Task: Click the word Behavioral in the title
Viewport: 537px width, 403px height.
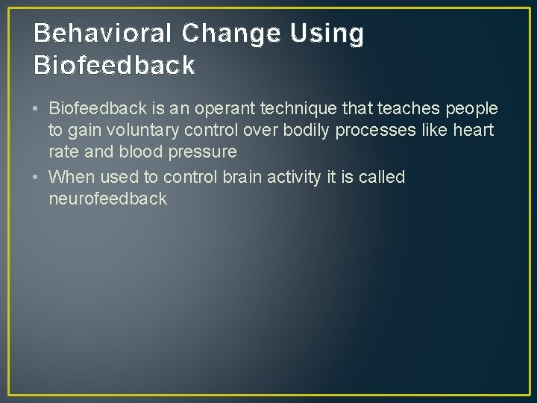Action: pyautogui.click(x=102, y=34)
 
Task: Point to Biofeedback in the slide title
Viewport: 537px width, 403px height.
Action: pyautogui.click(x=114, y=66)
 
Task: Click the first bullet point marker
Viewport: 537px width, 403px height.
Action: pyautogui.click(x=37, y=110)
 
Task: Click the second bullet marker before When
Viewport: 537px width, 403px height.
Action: pyautogui.click(x=37, y=178)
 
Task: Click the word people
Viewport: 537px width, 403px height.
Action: pyautogui.click(x=471, y=109)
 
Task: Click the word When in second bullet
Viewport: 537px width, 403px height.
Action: pyautogui.click(x=70, y=177)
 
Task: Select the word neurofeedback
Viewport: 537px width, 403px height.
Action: pyautogui.click(x=107, y=199)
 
